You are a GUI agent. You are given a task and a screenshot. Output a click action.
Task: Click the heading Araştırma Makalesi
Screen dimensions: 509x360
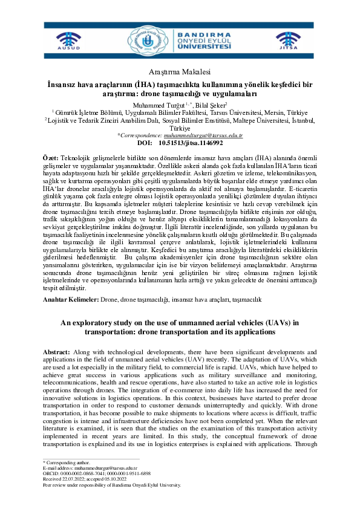(x=180, y=71)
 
